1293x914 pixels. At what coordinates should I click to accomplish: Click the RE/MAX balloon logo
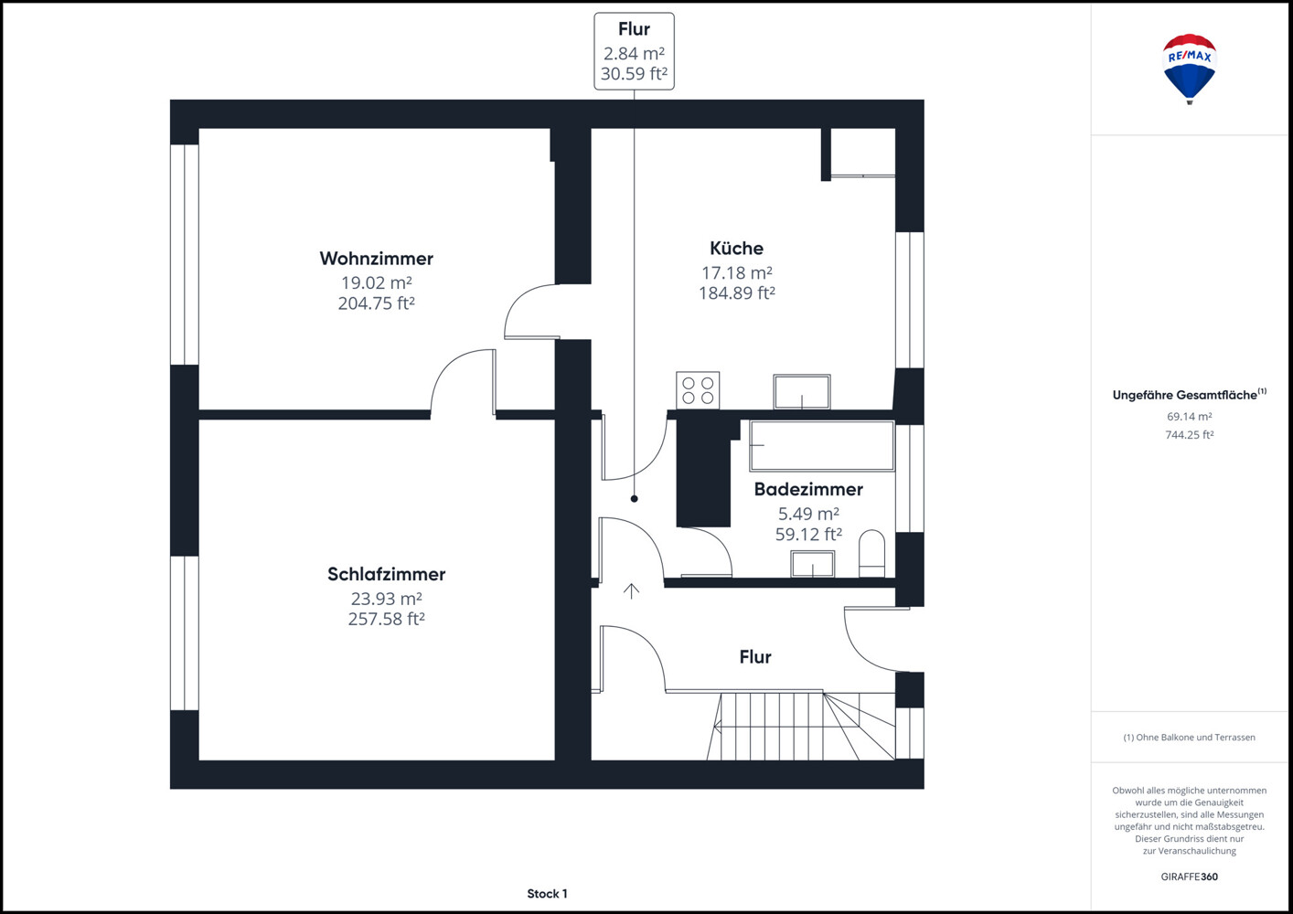(x=1189, y=69)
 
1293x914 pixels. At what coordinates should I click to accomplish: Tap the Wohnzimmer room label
(x=377, y=259)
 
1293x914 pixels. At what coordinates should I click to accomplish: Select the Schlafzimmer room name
(x=386, y=574)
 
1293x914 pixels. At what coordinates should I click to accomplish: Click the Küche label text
(x=736, y=248)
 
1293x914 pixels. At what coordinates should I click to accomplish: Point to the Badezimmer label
(x=808, y=489)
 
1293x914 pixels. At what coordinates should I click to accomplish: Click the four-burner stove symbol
(x=698, y=390)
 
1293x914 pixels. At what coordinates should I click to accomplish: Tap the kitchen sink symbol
(x=802, y=392)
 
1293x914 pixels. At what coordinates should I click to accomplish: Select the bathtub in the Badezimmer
(x=822, y=445)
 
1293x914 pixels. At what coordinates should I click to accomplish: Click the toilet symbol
(x=871, y=553)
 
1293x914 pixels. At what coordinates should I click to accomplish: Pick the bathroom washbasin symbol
(x=813, y=564)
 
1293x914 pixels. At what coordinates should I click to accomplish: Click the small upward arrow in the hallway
(x=632, y=590)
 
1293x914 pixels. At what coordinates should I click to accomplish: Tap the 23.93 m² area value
(x=386, y=599)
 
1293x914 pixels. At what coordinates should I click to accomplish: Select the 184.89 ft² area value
(x=736, y=293)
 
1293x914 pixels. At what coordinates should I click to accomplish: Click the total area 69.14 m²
(x=1189, y=416)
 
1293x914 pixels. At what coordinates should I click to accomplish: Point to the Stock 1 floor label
(x=547, y=894)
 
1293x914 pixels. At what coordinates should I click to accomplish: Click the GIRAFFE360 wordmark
(x=1189, y=877)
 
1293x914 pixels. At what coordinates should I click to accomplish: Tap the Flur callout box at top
(x=634, y=51)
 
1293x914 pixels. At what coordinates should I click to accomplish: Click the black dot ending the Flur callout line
(x=634, y=498)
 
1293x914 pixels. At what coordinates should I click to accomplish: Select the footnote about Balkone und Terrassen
(x=1189, y=738)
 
